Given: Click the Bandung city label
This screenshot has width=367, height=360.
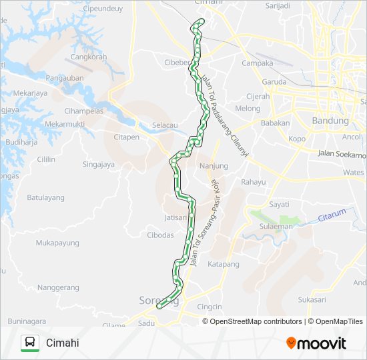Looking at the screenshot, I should [330, 121].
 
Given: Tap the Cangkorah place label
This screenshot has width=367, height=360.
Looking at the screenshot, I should [89, 57].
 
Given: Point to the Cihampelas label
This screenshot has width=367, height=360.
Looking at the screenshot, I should [83, 111].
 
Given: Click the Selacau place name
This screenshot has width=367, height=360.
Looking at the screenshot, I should [165, 125].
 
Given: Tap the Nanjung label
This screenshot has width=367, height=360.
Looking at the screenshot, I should [214, 165].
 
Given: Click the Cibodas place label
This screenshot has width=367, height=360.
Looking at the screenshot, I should [160, 235].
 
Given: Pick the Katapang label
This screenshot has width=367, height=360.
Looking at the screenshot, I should [224, 264].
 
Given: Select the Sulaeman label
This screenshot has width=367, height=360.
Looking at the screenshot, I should [280, 227].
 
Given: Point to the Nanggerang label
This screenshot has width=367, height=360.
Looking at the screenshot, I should [59, 287].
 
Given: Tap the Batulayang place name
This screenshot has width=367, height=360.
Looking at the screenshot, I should [45, 197].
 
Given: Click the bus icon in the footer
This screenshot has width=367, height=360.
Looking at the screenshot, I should [29, 343].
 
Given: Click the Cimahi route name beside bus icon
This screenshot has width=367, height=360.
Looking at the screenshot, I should [63, 343].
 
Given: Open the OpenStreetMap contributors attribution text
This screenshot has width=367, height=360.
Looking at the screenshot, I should [256, 321].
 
